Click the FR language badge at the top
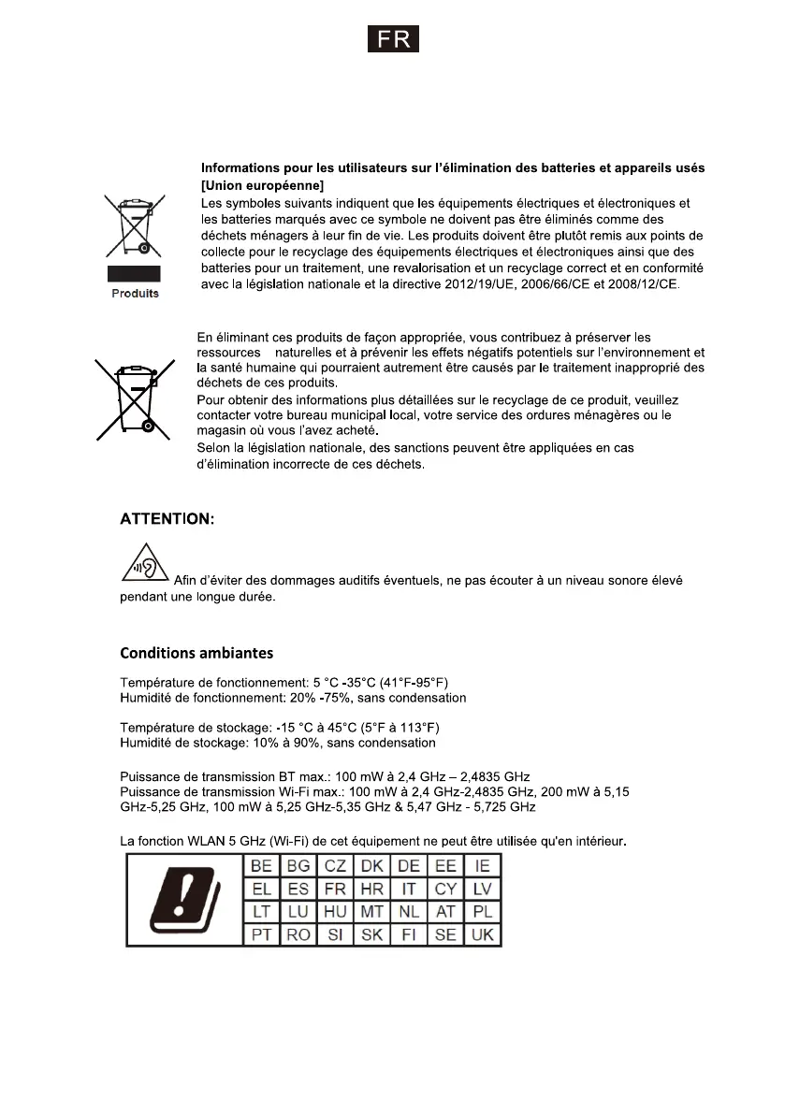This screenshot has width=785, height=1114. (392, 39)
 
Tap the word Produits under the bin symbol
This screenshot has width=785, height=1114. (136, 293)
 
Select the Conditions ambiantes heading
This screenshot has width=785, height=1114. (196, 652)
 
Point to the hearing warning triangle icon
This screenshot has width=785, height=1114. (143, 571)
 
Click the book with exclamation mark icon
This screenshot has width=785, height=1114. (184, 898)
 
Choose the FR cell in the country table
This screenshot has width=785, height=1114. (335, 888)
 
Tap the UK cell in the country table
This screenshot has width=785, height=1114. (483, 933)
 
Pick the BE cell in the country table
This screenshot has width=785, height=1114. (262, 865)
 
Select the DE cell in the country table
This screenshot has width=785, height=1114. (409, 865)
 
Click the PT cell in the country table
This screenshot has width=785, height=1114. (262, 933)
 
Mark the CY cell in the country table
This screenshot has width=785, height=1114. (445, 888)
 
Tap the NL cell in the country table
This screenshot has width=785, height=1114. (409, 911)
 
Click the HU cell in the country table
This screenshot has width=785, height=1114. (335, 911)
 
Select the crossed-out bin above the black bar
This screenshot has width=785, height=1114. (135, 224)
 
